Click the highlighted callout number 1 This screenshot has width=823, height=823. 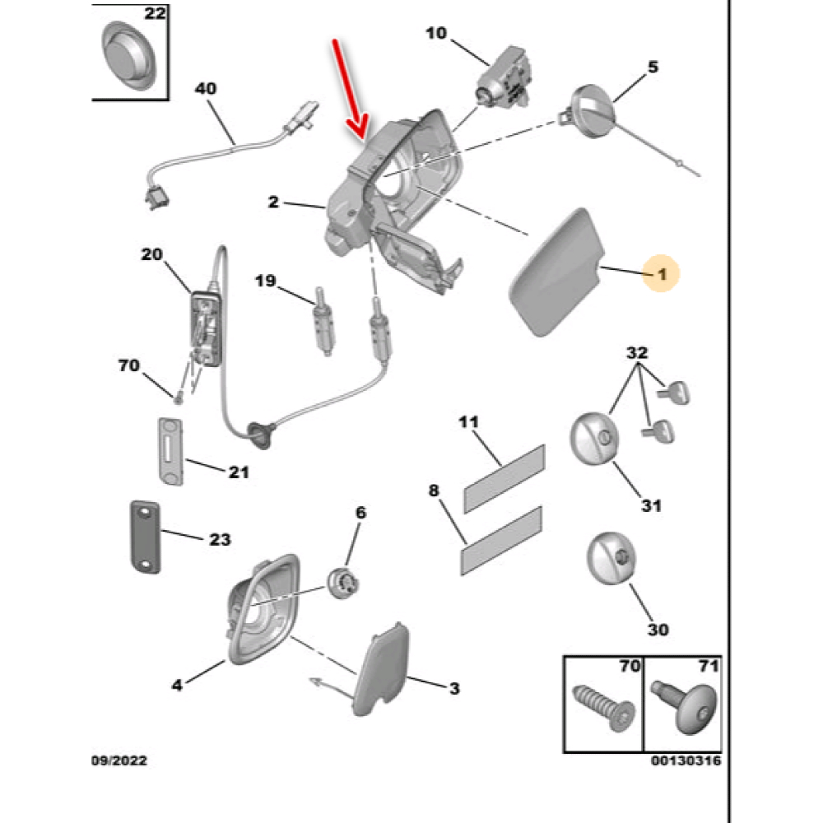click(662, 271)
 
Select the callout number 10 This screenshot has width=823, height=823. click(436, 34)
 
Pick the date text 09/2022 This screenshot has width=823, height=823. click(119, 761)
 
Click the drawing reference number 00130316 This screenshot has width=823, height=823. click(686, 761)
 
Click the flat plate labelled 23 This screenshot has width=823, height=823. click(145, 537)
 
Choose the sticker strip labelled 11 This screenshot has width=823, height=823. click(504, 478)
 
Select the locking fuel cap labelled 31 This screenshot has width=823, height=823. click(593, 437)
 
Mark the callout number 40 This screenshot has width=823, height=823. click(205, 87)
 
